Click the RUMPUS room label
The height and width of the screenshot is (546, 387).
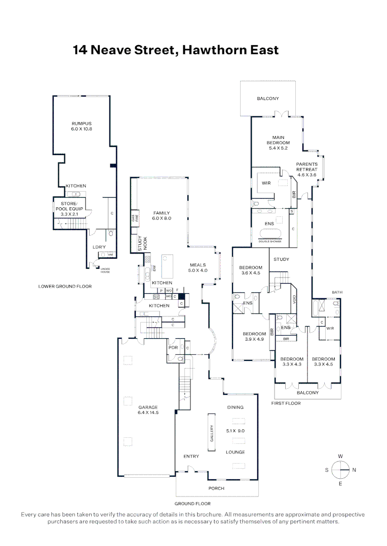pos(82,126)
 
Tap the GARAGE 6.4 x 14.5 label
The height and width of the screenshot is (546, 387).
pos(148,410)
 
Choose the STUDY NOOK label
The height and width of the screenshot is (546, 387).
pos(142,244)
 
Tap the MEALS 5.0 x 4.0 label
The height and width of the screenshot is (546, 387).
pos(199,267)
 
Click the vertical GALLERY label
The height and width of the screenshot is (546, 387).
pos(212,433)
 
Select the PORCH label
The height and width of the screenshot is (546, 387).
pos(216,488)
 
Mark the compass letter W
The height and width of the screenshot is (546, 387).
pos(340,456)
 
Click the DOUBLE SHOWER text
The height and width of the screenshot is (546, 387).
pos(270,241)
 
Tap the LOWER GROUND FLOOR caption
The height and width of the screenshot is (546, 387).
pos(65,286)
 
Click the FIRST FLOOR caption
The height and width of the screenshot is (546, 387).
pos(286,403)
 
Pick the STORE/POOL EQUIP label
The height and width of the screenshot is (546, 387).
pos(68,209)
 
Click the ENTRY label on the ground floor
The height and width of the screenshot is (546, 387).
pos(191,457)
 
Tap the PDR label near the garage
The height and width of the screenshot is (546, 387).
pos(172,348)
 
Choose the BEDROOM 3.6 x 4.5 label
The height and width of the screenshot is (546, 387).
pos(251,270)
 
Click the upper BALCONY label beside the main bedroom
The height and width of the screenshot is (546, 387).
pos(268,99)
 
